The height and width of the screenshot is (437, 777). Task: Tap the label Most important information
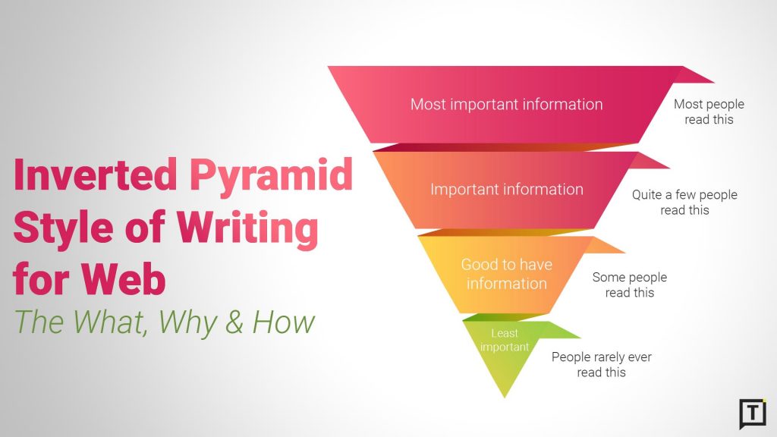point(506,104)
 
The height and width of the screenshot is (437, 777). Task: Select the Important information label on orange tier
point(506,189)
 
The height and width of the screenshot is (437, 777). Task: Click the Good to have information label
point(506,274)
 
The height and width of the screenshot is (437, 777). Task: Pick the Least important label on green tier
point(505,340)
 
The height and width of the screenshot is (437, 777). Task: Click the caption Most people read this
point(709,112)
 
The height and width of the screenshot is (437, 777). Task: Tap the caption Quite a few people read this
point(684,203)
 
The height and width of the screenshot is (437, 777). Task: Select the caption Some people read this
point(629,285)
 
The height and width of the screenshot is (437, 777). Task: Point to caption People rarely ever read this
point(601,364)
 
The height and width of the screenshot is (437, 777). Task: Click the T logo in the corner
point(752,413)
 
